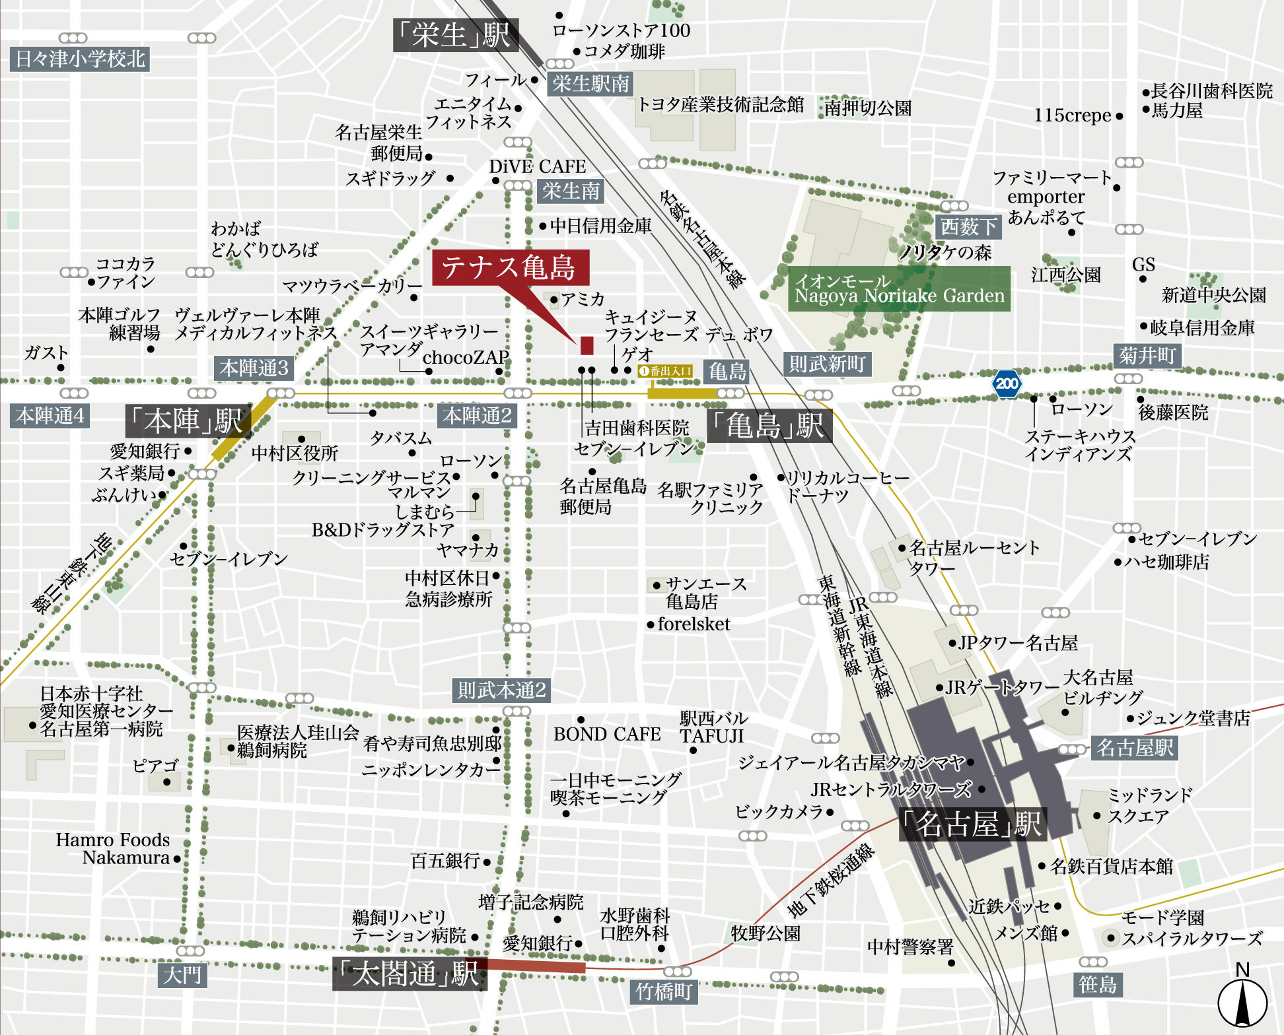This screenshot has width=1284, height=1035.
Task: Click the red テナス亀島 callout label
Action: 509,267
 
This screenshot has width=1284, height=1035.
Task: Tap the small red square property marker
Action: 587,345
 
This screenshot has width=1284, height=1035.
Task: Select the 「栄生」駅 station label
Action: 455,34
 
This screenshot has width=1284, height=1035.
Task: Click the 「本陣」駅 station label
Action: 188,420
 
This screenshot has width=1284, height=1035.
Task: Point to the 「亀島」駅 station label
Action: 769,426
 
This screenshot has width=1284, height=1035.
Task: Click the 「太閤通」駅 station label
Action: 410,974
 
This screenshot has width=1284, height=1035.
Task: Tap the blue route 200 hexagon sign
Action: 1007,384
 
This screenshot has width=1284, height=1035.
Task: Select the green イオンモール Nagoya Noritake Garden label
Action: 899,289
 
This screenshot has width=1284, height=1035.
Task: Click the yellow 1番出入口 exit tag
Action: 666,371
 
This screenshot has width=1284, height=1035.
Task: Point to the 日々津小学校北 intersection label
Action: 80,59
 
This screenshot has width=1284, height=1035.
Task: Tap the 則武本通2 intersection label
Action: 501,690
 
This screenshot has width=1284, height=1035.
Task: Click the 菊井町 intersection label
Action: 1147,356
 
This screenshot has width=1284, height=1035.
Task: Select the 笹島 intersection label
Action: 1097,984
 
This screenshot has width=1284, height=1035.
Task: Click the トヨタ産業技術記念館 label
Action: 720,104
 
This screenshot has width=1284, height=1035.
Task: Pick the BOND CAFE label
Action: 606,734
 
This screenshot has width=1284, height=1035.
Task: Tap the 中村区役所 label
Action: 295,453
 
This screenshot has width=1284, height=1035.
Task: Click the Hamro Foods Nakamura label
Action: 113,849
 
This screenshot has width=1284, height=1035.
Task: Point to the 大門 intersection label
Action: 182,975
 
